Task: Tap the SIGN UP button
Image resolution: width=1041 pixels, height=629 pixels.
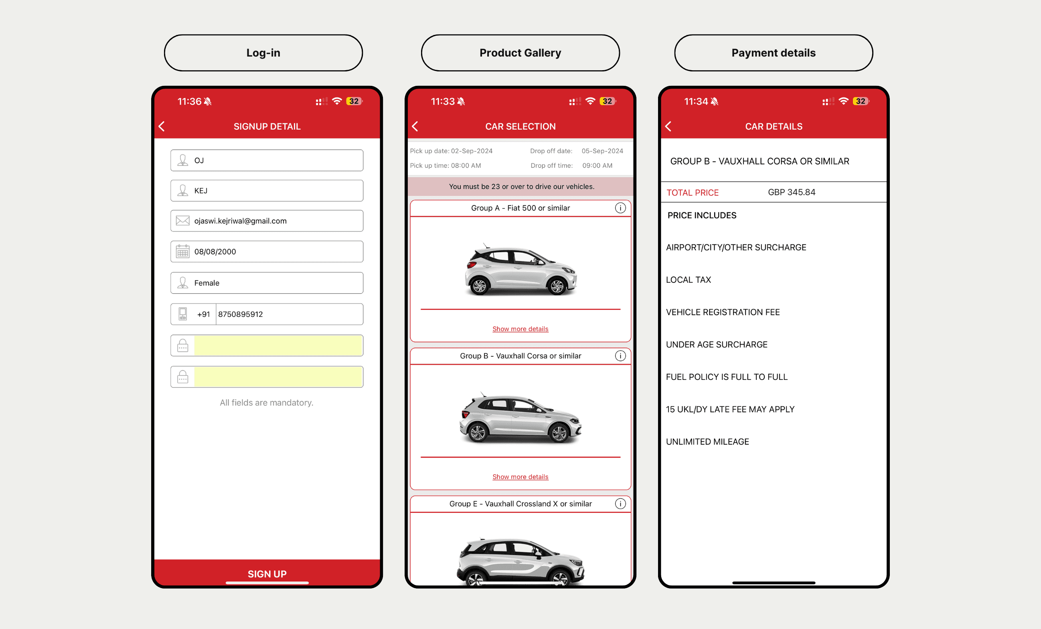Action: tap(267, 573)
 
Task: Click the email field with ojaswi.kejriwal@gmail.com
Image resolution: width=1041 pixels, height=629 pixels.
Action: tap(267, 221)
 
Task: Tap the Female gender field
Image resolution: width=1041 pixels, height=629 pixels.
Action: tap(267, 283)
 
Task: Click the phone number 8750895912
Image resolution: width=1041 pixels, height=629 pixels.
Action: tap(240, 314)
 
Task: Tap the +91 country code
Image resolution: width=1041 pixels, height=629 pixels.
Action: tap(203, 314)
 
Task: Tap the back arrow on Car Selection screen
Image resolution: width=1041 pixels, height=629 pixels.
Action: tap(415, 126)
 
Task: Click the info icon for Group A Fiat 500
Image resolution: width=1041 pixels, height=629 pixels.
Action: tap(620, 208)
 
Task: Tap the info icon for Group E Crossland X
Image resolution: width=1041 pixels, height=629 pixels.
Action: tap(620, 503)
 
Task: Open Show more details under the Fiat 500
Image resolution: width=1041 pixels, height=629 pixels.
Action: tap(520, 329)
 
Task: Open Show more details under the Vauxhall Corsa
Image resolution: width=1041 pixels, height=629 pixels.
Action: tap(520, 477)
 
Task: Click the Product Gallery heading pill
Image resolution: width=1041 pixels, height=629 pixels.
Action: tap(520, 53)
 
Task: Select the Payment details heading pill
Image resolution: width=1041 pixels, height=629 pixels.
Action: tap(774, 53)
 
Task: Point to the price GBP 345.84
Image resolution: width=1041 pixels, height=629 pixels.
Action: tap(792, 192)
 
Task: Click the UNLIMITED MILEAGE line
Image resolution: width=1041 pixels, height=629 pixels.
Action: tap(707, 442)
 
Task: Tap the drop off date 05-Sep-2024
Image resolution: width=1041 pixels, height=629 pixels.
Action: tap(602, 151)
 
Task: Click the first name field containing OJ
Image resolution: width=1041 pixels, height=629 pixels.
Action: tap(267, 160)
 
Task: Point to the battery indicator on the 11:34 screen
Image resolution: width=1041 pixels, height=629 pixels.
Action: tap(861, 101)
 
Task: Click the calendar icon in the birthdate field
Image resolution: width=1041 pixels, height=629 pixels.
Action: tap(182, 251)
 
